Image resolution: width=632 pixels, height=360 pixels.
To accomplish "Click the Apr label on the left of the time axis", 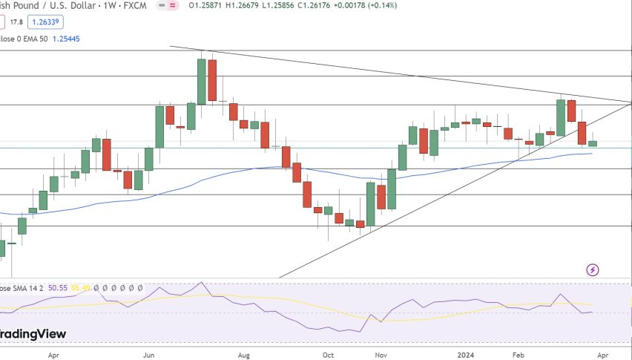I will (x=53, y=356).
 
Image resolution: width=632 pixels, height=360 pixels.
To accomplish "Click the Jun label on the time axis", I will (x=149, y=356).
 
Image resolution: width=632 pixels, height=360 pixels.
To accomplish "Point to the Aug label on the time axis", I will (x=244, y=356).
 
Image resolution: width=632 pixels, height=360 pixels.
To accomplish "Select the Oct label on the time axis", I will (x=328, y=356).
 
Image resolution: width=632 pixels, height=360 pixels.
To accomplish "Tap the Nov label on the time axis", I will (x=381, y=356).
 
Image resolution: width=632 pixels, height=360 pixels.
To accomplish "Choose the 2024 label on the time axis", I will (x=465, y=356).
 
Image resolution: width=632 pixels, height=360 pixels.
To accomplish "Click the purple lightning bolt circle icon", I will (x=593, y=269).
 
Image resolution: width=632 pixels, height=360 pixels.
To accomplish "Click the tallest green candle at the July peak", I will (x=201, y=82).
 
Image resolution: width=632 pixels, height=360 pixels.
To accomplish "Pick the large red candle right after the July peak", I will (x=212, y=80).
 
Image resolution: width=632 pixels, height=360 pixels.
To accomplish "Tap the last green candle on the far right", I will (x=593, y=143).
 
